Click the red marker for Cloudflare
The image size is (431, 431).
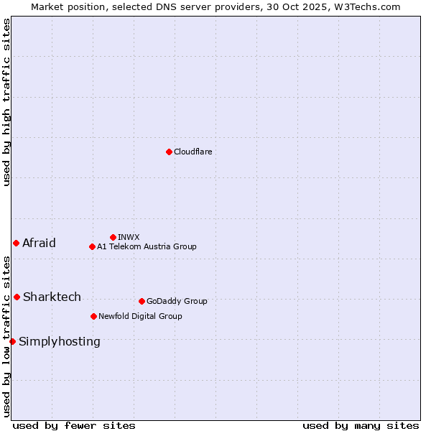pyautogui.click(x=169, y=152)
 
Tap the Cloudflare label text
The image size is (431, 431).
pyautogui.click(x=193, y=152)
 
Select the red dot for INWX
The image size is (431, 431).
pyautogui.click(x=113, y=237)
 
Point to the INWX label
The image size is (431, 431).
pyautogui.click(x=129, y=237)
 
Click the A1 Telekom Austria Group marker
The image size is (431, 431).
pyautogui.click(x=92, y=246)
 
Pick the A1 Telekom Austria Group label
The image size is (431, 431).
pyautogui.click(x=147, y=246)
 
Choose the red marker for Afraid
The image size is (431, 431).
pyautogui.click(x=16, y=243)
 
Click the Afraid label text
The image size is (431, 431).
pyautogui.click(x=39, y=243)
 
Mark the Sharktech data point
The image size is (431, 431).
pyautogui.click(x=17, y=297)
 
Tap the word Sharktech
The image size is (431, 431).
pyautogui.click(x=52, y=297)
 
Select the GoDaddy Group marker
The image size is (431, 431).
pyautogui.click(x=142, y=301)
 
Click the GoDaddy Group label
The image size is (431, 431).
pyautogui.click(x=177, y=301)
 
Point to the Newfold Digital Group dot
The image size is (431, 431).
pyautogui.click(x=93, y=316)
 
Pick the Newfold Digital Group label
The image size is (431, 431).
pyautogui.click(x=140, y=316)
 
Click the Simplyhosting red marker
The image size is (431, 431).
pyautogui.click(x=12, y=341)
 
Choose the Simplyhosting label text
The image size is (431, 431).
pyautogui.click(x=60, y=341)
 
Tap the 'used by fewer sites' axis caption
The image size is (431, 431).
pyautogui.click(x=74, y=425)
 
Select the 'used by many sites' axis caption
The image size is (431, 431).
pyautogui.click(x=361, y=425)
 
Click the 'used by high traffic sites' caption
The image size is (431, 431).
pyautogui.click(x=6, y=102)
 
